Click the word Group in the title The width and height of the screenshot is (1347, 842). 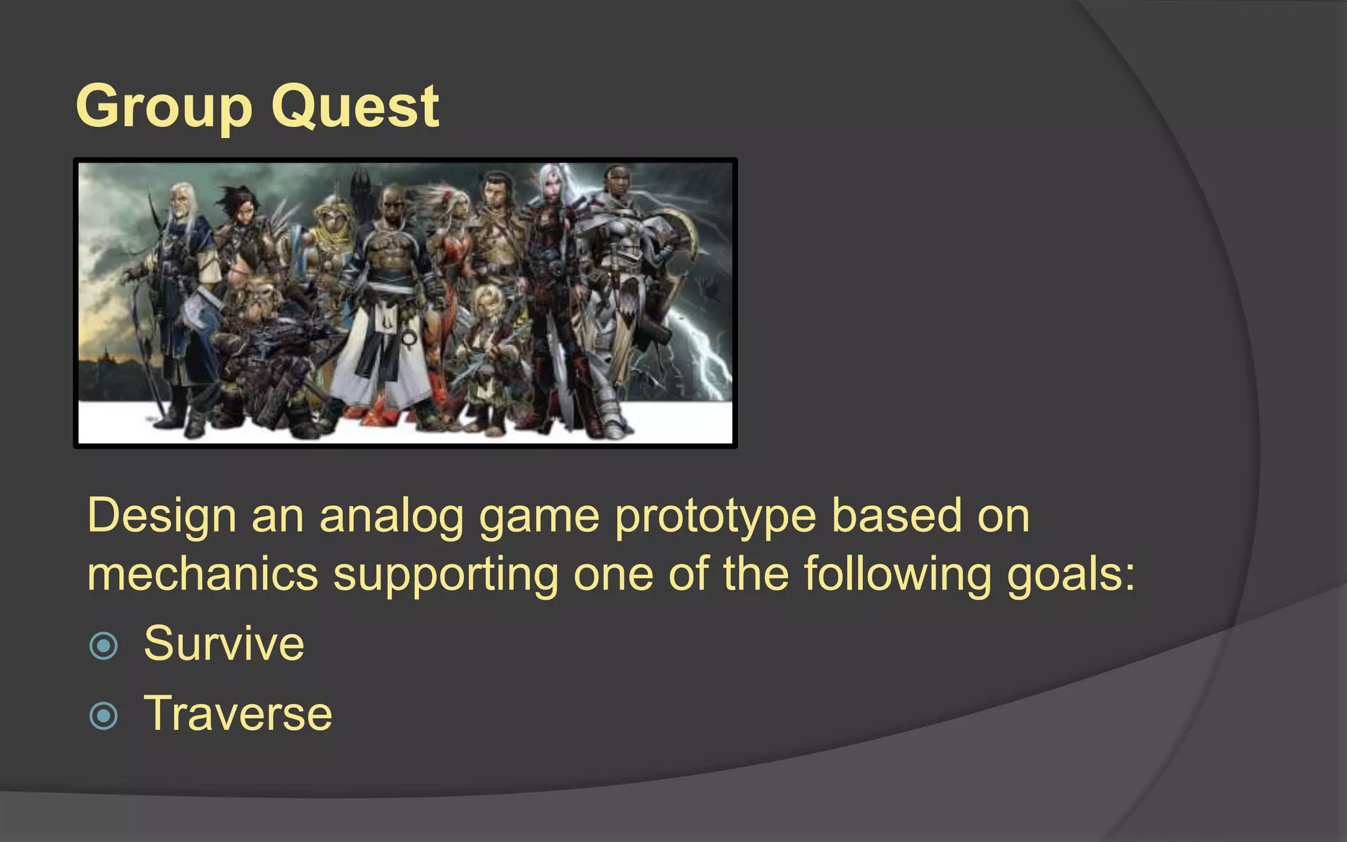coord(164,107)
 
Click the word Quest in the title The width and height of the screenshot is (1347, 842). coord(355,107)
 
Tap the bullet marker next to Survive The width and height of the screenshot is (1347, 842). coord(103,645)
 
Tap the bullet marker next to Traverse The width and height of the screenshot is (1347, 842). coord(103,716)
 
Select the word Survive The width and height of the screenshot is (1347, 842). coord(224,644)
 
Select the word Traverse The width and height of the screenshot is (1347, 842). coord(238,714)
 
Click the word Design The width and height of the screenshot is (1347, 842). coord(162,516)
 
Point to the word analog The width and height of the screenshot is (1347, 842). coord(392,516)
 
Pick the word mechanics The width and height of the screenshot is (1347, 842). coord(203,574)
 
